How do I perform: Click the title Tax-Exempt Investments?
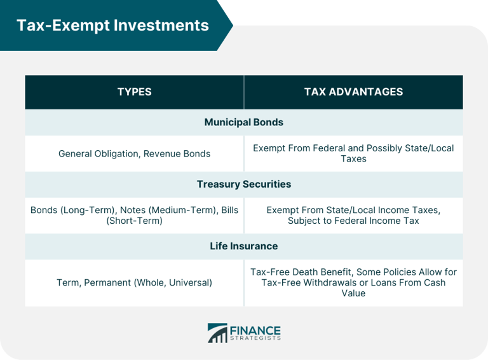pos(112,25)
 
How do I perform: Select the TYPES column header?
pos(134,92)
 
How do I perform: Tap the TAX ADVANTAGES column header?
pos(353,92)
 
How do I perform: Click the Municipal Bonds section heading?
pos(244,122)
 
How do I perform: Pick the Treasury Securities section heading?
pos(244,184)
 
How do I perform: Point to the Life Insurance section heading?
pos(244,246)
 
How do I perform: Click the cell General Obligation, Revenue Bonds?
pos(134,153)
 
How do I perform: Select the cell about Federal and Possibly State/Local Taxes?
pos(353,153)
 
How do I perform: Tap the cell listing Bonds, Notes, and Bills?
pos(134,215)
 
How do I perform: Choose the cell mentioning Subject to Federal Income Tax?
pos(353,215)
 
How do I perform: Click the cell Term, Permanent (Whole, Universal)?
pos(134,282)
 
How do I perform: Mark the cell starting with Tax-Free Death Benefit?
pos(353,282)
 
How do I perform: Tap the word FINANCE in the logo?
pos(255,329)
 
